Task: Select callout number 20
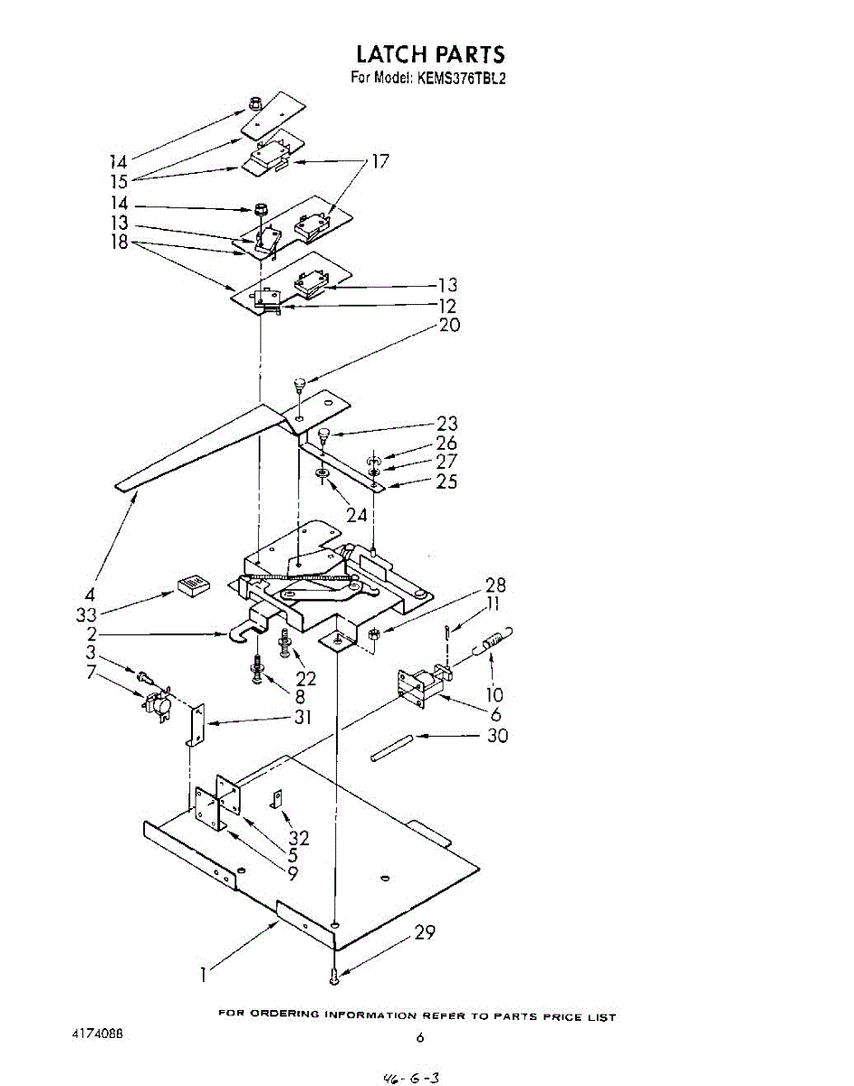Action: click(x=449, y=325)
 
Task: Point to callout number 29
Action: click(x=425, y=932)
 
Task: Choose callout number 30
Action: click(x=497, y=736)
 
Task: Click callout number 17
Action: click(x=379, y=161)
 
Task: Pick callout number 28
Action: click(x=495, y=586)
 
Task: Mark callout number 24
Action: click(x=358, y=515)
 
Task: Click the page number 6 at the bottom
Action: click(x=420, y=1039)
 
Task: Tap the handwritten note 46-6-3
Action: click(x=411, y=1076)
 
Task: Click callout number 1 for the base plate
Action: click(x=204, y=974)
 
